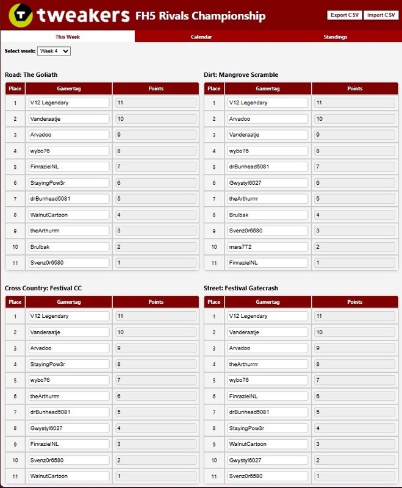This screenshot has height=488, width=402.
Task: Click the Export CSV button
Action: pos(345,15)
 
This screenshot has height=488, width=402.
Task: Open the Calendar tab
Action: pos(201,37)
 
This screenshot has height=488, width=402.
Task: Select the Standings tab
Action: pos(335,37)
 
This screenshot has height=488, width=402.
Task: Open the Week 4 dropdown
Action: pos(54,51)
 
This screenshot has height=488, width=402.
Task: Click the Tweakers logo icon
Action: pos(19,16)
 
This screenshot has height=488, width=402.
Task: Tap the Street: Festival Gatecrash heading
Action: pos(242,289)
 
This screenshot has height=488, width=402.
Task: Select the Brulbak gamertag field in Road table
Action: pos(68,246)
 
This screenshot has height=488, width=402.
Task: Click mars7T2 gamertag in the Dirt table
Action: pos(267,246)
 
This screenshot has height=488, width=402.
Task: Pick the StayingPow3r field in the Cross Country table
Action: pos(68,364)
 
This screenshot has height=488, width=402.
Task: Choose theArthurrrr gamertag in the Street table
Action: pos(267,364)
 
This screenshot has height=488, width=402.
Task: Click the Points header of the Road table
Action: pos(156,88)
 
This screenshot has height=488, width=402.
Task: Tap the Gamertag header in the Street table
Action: pos(267,302)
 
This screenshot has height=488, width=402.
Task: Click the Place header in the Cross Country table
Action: pos(15,302)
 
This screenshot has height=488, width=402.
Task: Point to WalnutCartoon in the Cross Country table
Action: pos(68,476)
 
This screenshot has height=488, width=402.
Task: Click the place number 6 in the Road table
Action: pos(15,182)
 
